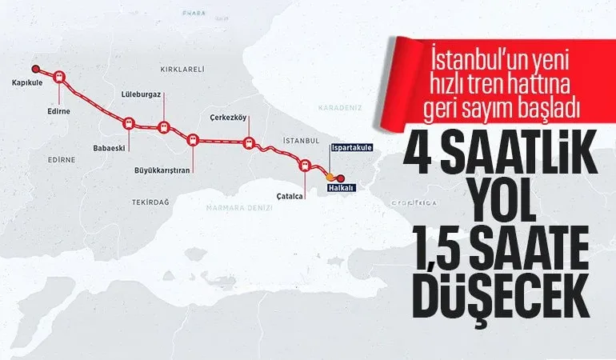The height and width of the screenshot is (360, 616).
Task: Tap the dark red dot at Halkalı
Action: [x=341, y=178]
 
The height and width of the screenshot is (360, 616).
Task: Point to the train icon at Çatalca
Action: [x=304, y=165]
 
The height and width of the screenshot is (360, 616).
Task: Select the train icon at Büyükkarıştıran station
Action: [x=192, y=139]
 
